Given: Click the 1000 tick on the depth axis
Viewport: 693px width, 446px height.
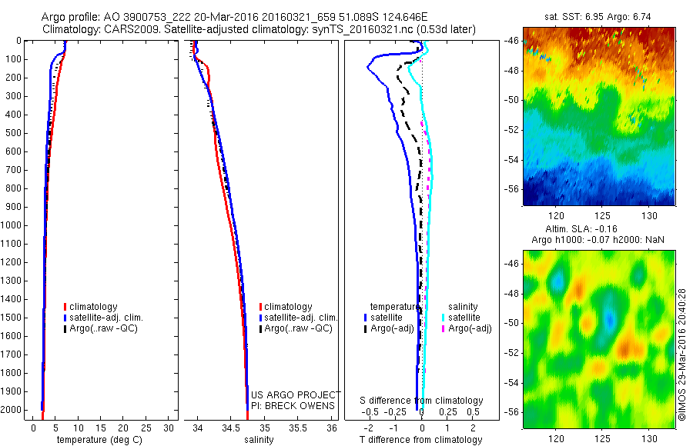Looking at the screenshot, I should tap(13, 225).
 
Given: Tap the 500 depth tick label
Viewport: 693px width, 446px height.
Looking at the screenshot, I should tap(13, 133).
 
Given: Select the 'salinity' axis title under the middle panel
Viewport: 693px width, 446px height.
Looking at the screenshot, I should tap(258, 440).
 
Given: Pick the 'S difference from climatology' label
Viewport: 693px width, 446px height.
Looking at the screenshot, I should tap(422, 401).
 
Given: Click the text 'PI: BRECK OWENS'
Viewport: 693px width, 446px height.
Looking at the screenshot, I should tap(293, 405).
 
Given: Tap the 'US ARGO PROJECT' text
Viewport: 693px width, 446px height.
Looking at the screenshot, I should tap(294, 395).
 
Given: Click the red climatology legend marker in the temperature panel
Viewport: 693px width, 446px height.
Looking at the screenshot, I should tap(66, 306).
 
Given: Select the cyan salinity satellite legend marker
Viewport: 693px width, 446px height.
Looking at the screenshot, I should tap(444, 317).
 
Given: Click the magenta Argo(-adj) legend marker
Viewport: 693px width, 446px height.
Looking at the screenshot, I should tap(444, 328).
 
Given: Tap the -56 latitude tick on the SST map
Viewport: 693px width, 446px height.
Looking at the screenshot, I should tap(512, 188).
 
